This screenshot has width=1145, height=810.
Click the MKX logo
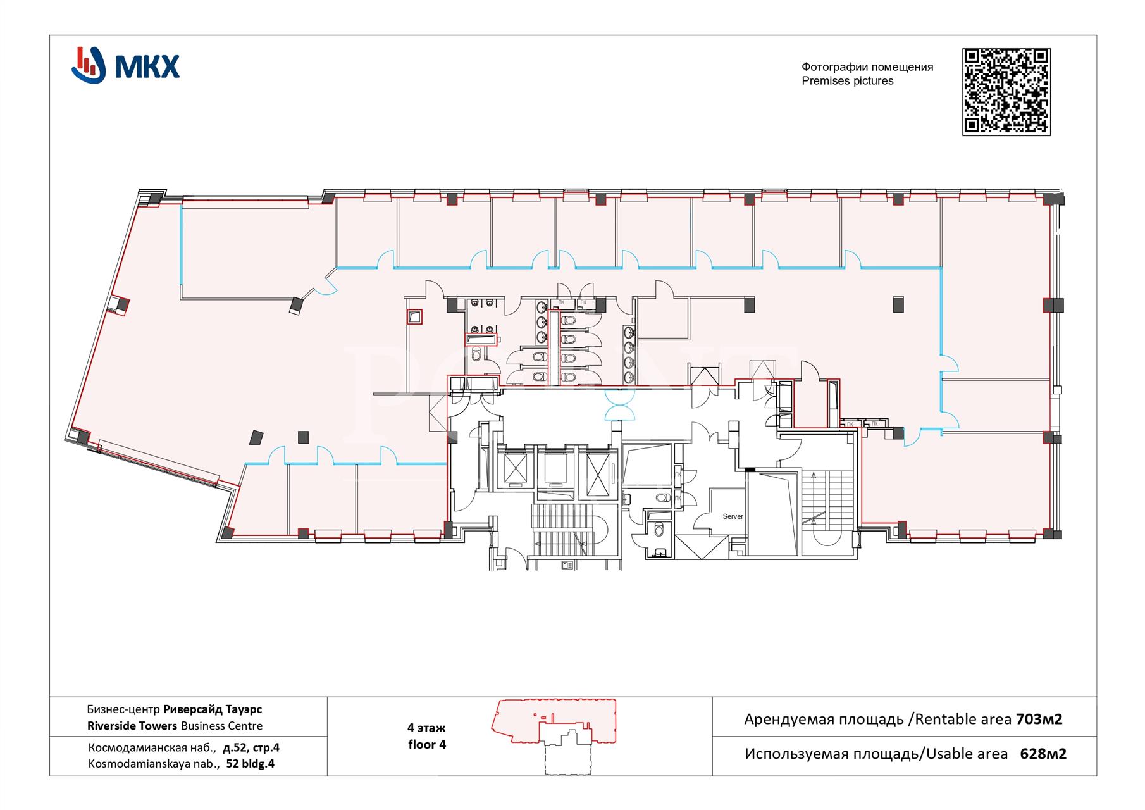[x=125, y=65]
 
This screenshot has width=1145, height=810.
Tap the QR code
[x=1006, y=92]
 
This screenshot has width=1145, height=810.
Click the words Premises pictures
[x=847, y=81]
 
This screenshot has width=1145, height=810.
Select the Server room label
[x=733, y=516]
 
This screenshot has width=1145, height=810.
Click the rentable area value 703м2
[x=1039, y=719]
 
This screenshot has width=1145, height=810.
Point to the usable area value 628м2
[x=1043, y=754]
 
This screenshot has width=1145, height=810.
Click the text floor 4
[x=427, y=745]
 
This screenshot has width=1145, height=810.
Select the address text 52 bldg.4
[x=250, y=764]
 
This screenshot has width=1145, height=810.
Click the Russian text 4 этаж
[x=426, y=728]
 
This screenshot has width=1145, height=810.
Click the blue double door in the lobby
[x=619, y=406]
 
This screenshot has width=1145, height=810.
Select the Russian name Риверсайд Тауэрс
[x=213, y=709]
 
